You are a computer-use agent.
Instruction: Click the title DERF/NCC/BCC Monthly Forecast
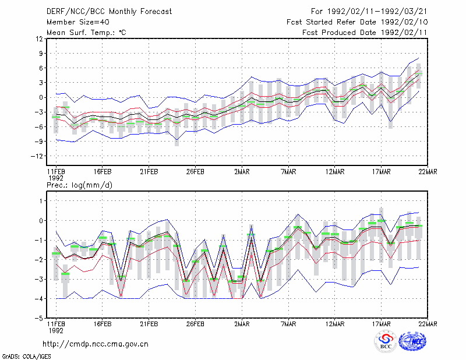click(109, 12)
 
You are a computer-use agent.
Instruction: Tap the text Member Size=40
click(78, 22)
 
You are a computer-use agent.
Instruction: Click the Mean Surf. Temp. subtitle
click(86, 33)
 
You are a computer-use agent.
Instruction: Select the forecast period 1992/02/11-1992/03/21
click(369, 12)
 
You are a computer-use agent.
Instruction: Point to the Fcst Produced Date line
click(365, 33)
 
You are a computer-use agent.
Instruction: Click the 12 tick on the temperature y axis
click(39, 39)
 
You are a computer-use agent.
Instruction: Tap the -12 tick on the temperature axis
click(37, 156)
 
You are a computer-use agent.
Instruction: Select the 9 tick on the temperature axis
click(41, 54)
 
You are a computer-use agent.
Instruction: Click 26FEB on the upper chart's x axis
click(195, 172)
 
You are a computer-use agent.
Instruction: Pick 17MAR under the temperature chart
click(382, 172)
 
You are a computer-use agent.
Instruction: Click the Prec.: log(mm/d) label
click(79, 185)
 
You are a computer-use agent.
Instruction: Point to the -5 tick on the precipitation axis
click(39, 318)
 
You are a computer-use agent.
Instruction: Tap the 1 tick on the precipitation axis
click(41, 201)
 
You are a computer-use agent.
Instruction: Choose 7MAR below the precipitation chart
click(288, 324)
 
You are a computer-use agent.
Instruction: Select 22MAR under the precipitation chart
click(428, 324)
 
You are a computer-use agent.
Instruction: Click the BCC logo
click(386, 342)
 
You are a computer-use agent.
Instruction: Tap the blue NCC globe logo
click(412, 341)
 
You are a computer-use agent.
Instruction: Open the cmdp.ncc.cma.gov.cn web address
click(96, 344)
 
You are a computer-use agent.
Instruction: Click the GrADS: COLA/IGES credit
click(26, 357)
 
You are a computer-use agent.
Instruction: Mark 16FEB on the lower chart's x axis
click(103, 324)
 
